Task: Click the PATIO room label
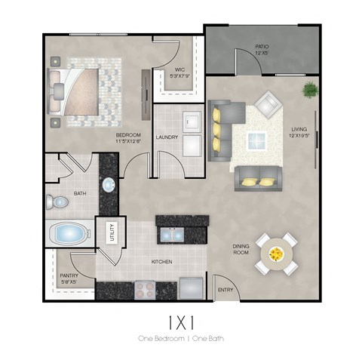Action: click(x=262, y=50)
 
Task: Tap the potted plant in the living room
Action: click(x=309, y=91)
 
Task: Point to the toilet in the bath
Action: click(x=56, y=202)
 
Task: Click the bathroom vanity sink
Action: click(x=108, y=185)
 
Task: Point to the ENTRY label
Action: click(x=225, y=290)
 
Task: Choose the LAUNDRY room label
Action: click(x=166, y=137)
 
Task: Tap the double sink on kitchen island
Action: click(x=172, y=235)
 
